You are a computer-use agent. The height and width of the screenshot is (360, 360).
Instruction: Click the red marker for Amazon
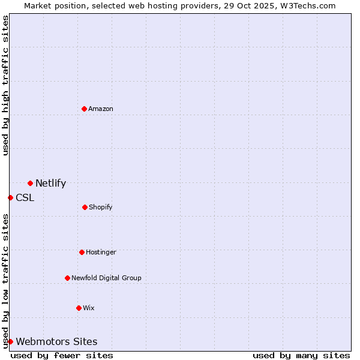(x=84, y=109)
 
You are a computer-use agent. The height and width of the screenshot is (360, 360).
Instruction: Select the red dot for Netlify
(x=30, y=183)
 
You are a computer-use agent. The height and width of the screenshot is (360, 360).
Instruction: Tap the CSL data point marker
(x=10, y=197)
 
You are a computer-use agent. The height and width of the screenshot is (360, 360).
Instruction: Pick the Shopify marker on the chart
(x=85, y=207)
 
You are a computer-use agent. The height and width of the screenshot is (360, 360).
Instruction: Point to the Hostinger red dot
(x=82, y=252)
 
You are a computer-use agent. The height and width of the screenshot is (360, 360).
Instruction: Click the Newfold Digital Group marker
(x=67, y=278)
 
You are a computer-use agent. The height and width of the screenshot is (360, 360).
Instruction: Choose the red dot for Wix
(x=79, y=308)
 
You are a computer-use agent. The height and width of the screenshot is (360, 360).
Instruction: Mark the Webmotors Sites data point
(x=10, y=341)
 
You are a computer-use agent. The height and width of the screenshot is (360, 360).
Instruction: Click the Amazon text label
(x=101, y=109)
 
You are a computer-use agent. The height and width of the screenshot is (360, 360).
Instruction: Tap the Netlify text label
(x=50, y=184)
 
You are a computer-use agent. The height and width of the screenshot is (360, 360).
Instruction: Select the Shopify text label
(x=100, y=207)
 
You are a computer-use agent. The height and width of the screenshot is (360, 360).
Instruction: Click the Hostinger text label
(x=101, y=252)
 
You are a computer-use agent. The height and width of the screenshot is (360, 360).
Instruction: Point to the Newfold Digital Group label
(x=106, y=278)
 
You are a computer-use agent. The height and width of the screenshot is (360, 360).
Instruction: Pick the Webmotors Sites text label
(x=56, y=342)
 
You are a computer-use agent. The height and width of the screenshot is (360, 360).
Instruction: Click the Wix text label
(x=89, y=308)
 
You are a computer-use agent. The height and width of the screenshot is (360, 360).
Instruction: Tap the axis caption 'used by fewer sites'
(x=62, y=355)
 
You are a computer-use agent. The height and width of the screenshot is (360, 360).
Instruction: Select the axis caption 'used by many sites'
(x=301, y=355)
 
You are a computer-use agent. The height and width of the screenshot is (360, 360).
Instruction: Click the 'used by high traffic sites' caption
(x=5, y=85)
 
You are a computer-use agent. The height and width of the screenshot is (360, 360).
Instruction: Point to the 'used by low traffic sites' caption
(x=5, y=281)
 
